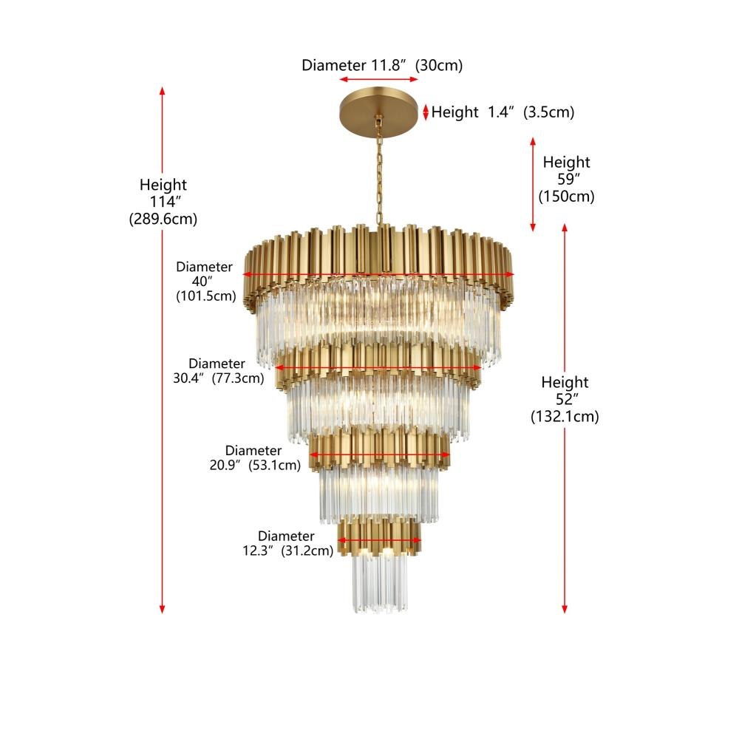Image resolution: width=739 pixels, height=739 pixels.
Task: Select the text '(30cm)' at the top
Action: [439, 65]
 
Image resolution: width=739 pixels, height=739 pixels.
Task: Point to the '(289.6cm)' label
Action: [163, 219]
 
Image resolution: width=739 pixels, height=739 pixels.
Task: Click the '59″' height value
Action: [568, 179]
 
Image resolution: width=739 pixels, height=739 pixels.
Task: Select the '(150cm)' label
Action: [567, 196]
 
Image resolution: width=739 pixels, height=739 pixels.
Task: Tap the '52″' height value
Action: [567, 399]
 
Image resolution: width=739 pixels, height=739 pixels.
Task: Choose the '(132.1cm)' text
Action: [565, 417]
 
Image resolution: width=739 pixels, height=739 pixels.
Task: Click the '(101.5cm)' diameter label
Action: [206, 296]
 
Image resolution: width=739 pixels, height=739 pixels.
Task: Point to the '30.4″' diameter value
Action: [189, 378]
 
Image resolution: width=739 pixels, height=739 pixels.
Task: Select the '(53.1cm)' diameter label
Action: [274, 465]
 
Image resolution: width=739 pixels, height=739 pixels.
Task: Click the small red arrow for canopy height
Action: [426, 112]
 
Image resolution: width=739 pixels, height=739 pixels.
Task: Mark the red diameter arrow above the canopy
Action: [378, 79]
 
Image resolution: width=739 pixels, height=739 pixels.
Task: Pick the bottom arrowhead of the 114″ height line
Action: [162, 609]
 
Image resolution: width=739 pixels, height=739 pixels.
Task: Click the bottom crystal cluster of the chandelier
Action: [380, 583]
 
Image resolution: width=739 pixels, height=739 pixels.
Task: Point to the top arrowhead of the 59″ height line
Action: [533, 142]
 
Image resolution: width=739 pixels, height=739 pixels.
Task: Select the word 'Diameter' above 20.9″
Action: [253, 450]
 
